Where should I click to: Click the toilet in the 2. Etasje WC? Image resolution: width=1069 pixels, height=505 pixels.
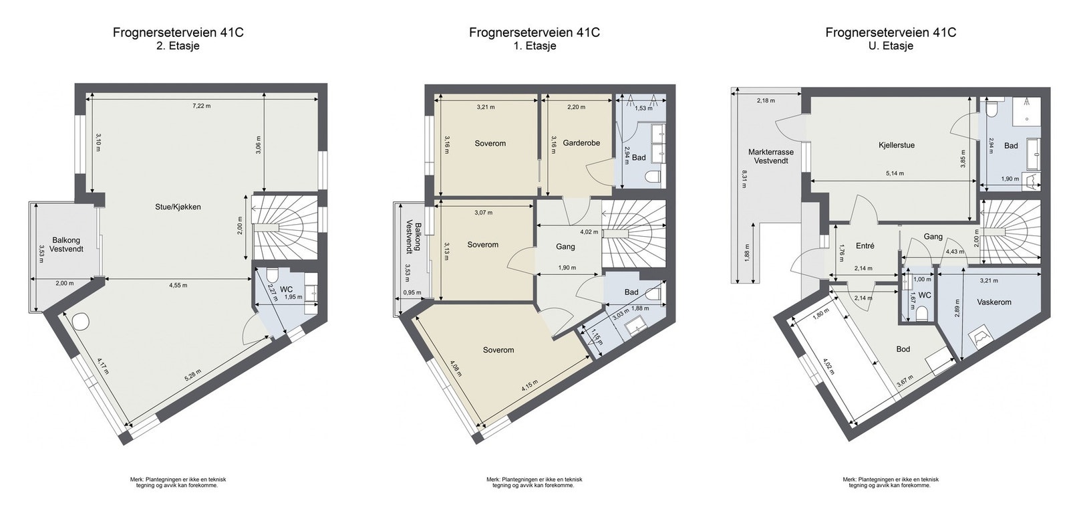(x=271, y=276)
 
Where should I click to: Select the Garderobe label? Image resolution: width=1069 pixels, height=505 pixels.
(x=581, y=143)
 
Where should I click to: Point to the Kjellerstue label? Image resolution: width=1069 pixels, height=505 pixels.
(x=896, y=145)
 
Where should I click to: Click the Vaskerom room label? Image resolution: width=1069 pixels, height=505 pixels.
(x=994, y=302)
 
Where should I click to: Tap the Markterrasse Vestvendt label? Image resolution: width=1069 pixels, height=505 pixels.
(x=770, y=157)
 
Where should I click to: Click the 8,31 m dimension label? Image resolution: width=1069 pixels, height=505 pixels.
(x=742, y=179)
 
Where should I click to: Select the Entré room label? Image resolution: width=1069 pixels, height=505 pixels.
(x=865, y=246)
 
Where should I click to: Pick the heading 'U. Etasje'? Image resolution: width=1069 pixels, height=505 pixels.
(x=890, y=46)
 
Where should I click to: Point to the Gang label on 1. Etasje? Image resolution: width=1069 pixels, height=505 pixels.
(x=565, y=247)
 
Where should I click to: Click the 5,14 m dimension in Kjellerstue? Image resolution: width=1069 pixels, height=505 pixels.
(x=894, y=173)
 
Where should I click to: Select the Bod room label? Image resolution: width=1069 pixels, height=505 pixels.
(x=903, y=350)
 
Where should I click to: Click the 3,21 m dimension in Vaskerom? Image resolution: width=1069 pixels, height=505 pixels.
(x=988, y=281)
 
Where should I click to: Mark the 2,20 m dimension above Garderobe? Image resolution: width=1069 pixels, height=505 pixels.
(x=576, y=106)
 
